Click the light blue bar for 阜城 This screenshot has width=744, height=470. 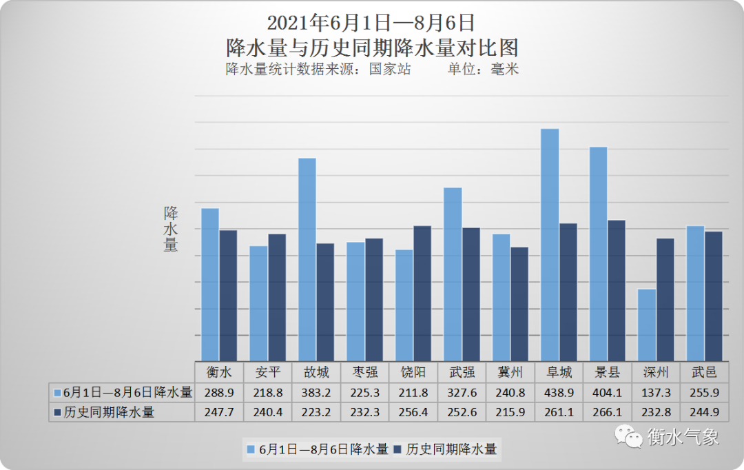[x=549, y=244]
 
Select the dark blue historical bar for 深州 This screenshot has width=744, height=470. [x=665, y=299]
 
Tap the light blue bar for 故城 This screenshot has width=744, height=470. [x=307, y=259]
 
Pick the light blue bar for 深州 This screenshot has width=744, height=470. [x=646, y=324]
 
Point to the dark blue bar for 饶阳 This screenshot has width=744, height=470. [x=422, y=293]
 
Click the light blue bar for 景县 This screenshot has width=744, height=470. [x=598, y=253]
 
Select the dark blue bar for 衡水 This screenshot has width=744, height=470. [x=228, y=295]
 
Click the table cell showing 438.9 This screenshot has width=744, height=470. [x=558, y=392]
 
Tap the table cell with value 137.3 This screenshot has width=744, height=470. [x=655, y=392]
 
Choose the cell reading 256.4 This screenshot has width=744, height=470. [x=413, y=412]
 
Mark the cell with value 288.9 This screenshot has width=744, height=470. [x=218, y=392]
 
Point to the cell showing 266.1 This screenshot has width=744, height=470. [x=606, y=412]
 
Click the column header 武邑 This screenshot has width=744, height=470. [x=703, y=372]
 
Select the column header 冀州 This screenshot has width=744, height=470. [x=510, y=372]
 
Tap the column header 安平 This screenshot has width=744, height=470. [x=267, y=372]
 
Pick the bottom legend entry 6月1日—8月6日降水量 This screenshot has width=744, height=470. [x=317, y=449]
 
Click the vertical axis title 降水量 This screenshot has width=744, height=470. [x=170, y=229]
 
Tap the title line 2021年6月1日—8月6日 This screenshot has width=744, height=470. [x=371, y=23]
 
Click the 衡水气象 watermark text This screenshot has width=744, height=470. [x=683, y=436]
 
